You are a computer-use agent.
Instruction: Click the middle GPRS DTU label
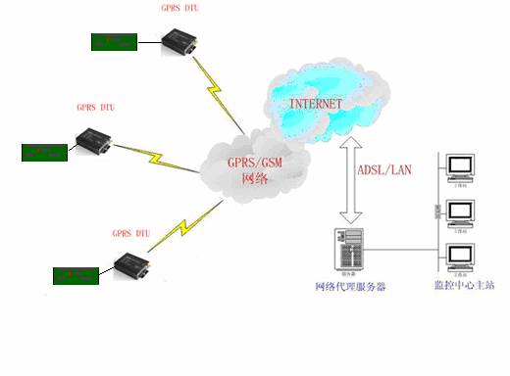pyautogui.click(x=96, y=107)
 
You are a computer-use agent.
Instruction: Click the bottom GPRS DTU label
pyautogui.click(x=130, y=235)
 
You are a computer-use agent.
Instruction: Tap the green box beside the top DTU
pyautogui.click(x=113, y=42)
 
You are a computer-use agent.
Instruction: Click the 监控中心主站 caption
pyautogui.click(x=463, y=286)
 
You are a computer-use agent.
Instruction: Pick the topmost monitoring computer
pyautogui.click(x=459, y=167)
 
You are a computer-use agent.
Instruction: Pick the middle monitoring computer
pyautogui.click(x=459, y=213)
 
